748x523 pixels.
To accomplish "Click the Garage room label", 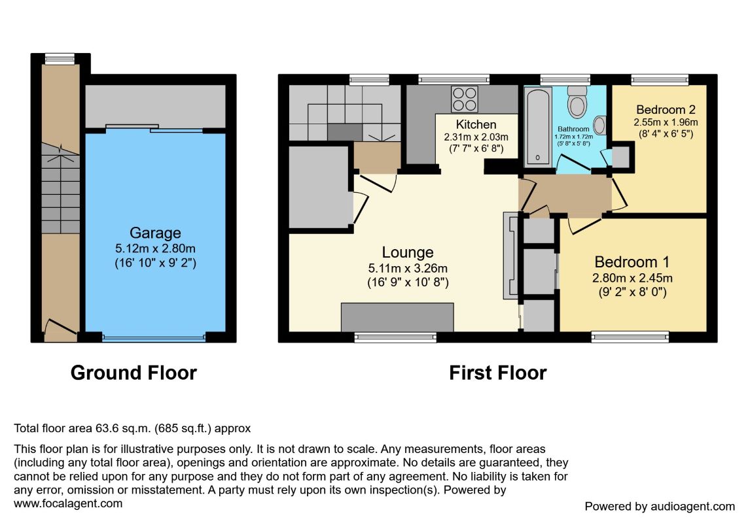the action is [x=155, y=233].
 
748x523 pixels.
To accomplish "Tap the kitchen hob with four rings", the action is [x=464, y=99].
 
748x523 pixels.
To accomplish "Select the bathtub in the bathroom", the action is [x=538, y=126].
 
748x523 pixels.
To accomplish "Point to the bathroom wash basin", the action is [x=600, y=126].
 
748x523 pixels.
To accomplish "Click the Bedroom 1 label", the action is [x=632, y=261].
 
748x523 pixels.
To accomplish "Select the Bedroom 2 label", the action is [x=666, y=110].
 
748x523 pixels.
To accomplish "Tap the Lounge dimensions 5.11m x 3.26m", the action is [x=408, y=269].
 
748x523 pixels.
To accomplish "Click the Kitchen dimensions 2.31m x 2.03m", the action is [x=476, y=137].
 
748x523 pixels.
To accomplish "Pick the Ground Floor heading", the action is [x=134, y=373].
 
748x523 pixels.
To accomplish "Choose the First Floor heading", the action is [x=498, y=373].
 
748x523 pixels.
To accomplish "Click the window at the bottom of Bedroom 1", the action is [x=630, y=337].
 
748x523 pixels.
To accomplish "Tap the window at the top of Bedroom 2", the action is [x=660, y=80].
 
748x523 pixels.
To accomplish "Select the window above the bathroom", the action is [x=565, y=80].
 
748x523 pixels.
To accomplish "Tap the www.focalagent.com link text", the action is [x=68, y=503].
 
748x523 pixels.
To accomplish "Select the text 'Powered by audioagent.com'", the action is [x=660, y=506].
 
